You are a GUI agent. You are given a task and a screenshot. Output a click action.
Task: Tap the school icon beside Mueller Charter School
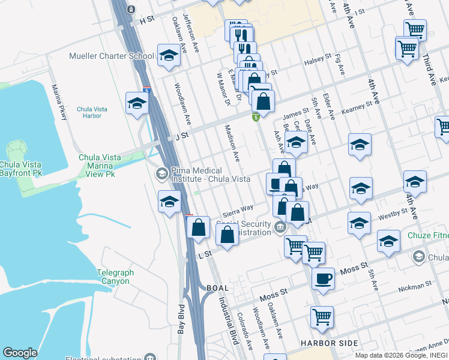pyautogui.click(x=169, y=56)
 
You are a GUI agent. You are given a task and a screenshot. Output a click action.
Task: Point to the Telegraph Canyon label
pyautogui.click(x=113, y=277)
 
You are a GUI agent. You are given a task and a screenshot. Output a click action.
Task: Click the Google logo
pyautogui.click(x=20, y=353)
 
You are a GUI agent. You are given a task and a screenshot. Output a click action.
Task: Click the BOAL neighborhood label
pyautogui.click(x=218, y=288)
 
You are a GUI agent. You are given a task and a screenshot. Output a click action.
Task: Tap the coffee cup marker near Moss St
pyautogui.click(x=323, y=279)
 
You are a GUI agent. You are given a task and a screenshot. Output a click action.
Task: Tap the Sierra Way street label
pyautogui.click(x=238, y=209)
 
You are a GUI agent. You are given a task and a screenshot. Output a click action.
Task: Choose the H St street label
pyautogui.click(x=147, y=19)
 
